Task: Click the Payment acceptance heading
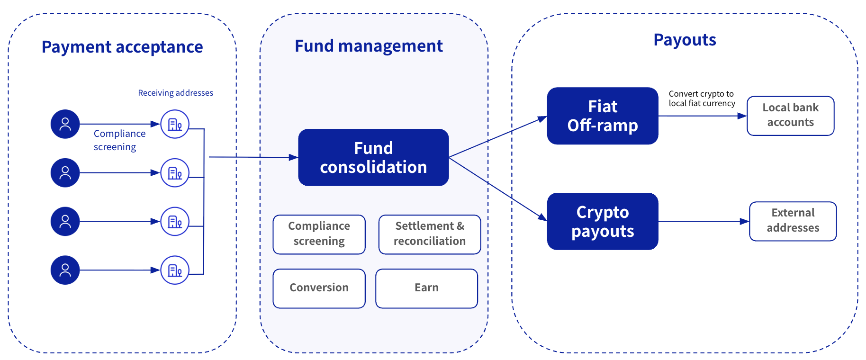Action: coord(122,47)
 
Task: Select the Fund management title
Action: coord(369,46)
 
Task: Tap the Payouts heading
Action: coord(685,40)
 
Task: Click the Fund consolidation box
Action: coord(373,157)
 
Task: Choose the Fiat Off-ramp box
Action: coord(602,116)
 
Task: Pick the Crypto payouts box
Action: coord(602,221)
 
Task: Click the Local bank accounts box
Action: coord(790,115)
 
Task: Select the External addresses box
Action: coord(793,221)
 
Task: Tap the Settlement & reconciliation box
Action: coord(429,234)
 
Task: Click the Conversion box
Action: coord(319,288)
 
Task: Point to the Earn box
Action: coord(426,288)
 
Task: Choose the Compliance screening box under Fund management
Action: coord(319,234)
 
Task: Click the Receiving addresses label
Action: coord(175,93)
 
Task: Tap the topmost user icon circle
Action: coord(65,124)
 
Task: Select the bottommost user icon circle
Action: coord(65,270)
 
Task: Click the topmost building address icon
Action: coord(175,124)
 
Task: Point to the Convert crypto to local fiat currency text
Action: coord(702,99)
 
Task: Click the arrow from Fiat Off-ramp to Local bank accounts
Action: coord(701,116)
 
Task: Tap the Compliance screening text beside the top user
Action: coord(119,140)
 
